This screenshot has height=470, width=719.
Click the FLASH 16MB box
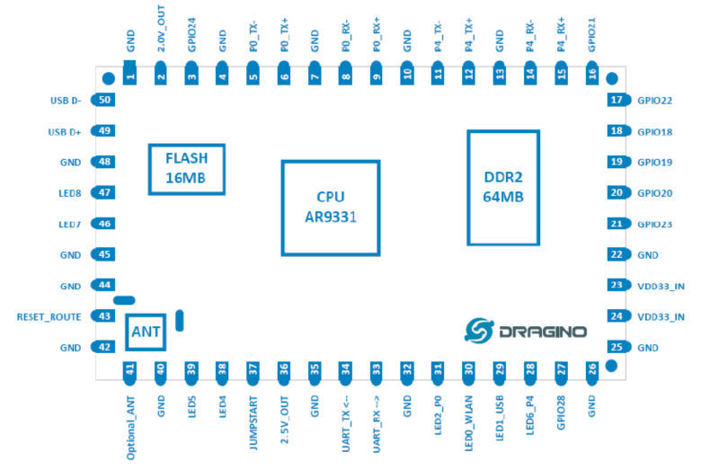tap(186, 168)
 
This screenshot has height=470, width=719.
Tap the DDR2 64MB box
tap(502, 187)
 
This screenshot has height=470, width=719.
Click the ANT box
tap(146, 333)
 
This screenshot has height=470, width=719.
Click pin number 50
tap(105, 100)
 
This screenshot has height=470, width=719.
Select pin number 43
tap(105, 316)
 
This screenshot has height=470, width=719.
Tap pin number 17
tap(617, 100)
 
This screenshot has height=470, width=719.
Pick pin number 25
tap(617, 347)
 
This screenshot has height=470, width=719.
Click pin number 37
tap(253, 368)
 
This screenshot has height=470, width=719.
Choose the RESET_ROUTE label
tap(49, 317)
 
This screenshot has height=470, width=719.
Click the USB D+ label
tap(65, 131)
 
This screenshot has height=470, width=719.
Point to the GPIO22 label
tap(655, 101)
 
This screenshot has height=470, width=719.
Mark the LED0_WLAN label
tap(468, 418)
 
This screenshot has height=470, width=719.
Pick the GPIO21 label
tap(591, 34)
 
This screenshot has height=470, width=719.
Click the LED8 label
tap(69, 193)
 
